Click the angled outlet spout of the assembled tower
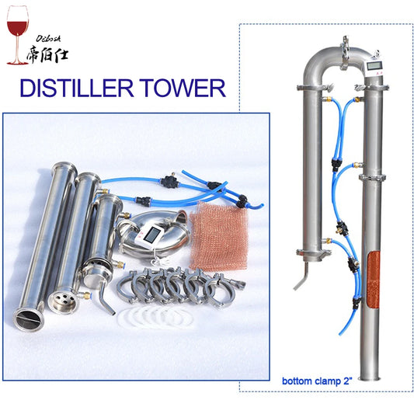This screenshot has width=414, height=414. coord(300,275)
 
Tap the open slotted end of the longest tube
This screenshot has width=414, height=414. coord(27,317)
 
